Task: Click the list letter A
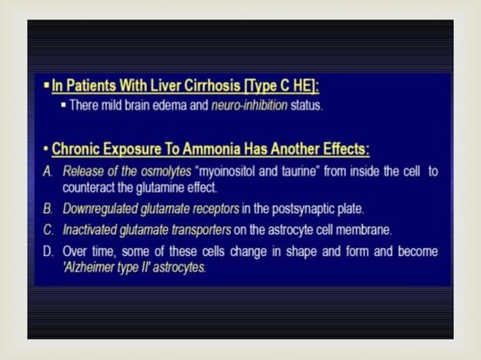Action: [x=47, y=171]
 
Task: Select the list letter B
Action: [x=47, y=208]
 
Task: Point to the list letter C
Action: [x=47, y=229]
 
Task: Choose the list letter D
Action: [x=47, y=251]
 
